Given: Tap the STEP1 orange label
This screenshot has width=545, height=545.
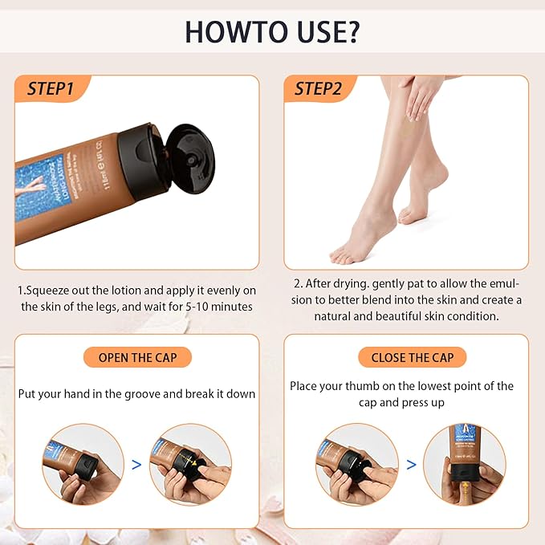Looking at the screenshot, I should click(50, 88).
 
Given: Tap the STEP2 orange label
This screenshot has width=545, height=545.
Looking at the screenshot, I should click(318, 88).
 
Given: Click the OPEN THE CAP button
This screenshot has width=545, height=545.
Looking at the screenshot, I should click(137, 357).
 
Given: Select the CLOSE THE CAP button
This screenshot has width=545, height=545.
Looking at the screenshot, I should click(412, 357).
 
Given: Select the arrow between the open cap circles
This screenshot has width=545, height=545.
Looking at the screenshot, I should click(136, 464).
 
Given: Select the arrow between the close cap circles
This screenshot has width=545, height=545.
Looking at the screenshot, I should click(411, 464).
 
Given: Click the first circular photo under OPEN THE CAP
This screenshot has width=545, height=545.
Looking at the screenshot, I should click(83, 464).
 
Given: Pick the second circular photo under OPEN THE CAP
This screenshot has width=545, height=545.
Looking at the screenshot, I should click(190, 464).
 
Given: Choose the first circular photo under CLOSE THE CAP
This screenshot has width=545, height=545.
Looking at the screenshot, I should click(356, 464).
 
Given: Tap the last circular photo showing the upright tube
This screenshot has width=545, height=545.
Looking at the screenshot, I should click(464, 464).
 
